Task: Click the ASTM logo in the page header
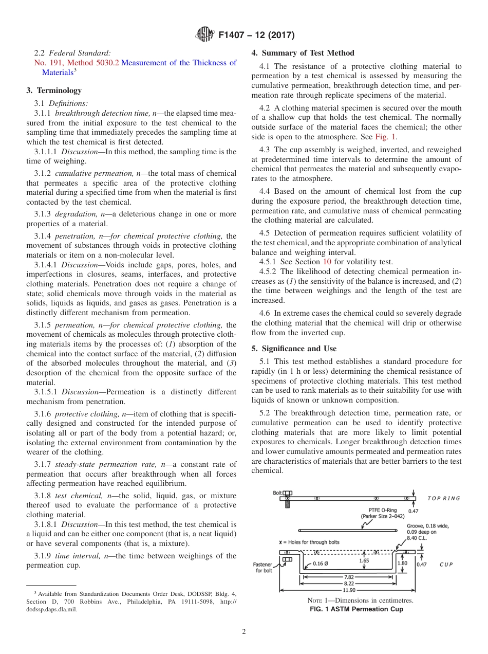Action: pyautogui.click(x=205, y=35)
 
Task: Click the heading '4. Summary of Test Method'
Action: pyautogui.click(x=303, y=53)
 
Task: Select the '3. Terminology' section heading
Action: pyautogui.click(x=54, y=90)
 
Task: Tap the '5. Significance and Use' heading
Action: pyautogui.click(x=294, y=349)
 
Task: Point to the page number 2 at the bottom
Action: pyautogui.click(x=243, y=632)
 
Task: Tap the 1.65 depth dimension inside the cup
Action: pyautogui.click(x=364, y=561)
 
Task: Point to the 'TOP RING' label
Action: pyautogui.click(x=444, y=498)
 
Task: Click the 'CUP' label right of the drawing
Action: pyautogui.click(x=445, y=564)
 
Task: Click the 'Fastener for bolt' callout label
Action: pyautogui.click(x=266, y=567)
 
